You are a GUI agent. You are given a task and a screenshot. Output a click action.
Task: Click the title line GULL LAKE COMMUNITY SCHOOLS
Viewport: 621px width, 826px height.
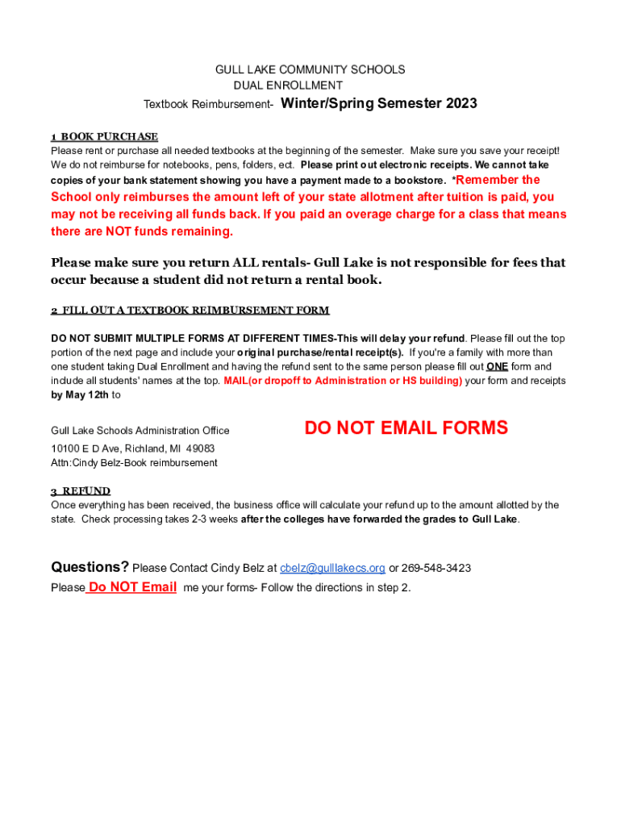[x=310, y=70]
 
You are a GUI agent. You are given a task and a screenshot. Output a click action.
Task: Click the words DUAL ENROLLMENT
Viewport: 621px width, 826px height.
[x=288, y=86]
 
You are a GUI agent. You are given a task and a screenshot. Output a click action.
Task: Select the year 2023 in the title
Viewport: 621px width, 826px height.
[x=460, y=103]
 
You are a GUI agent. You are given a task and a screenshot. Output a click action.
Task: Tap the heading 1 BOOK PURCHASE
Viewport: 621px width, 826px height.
[x=104, y=136]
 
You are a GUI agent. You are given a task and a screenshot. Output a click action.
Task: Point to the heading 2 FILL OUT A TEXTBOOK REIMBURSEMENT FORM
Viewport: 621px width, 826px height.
[x=190, y=311]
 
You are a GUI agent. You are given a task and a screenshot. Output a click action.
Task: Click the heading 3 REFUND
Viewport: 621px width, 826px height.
[x=81, y=490]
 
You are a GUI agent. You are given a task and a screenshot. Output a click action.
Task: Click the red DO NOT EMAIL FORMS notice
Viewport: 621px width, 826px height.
[x=406, y=428]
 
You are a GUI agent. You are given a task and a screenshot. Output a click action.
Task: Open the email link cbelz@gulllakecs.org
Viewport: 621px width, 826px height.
[x=332, y=568]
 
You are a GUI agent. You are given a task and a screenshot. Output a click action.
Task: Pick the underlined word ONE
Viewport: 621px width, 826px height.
[x=497, y=366]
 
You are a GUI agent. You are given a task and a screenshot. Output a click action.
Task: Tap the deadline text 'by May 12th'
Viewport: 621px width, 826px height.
[x=80, y=394]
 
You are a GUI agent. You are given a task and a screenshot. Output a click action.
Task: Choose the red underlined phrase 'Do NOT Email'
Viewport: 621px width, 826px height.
[x=132, y=587]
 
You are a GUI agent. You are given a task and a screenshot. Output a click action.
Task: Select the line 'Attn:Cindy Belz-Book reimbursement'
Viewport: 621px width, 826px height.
[x=134, y=463]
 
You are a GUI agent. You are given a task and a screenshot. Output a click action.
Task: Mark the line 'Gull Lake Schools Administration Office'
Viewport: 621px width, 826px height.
[x=140, y=431]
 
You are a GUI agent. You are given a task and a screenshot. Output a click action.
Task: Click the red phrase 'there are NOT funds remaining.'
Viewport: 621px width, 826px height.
[x=142, y=232]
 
